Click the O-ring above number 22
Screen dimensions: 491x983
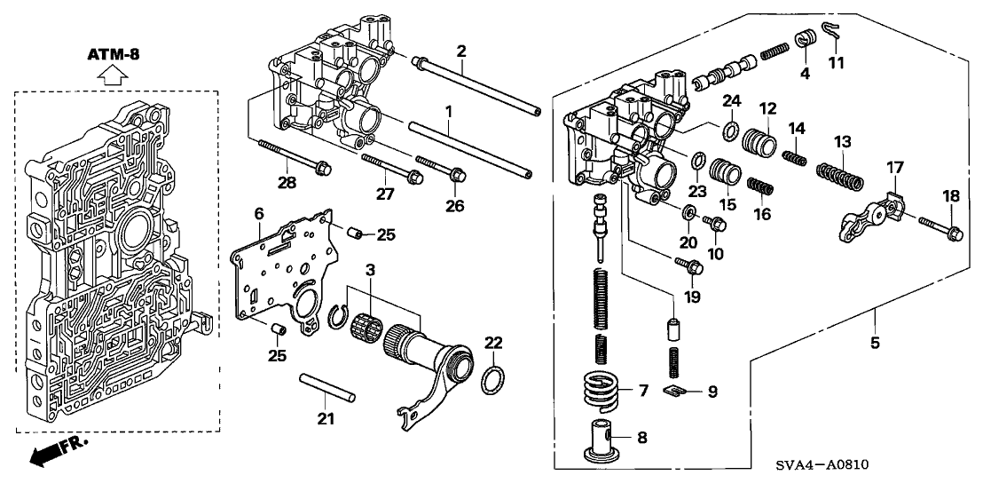pos(493,379)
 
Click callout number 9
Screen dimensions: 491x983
pos(713,390)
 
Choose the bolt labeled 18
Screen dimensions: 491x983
pos(932,234)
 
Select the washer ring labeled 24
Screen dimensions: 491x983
pos(729,132)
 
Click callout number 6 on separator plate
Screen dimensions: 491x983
pos(259,214)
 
